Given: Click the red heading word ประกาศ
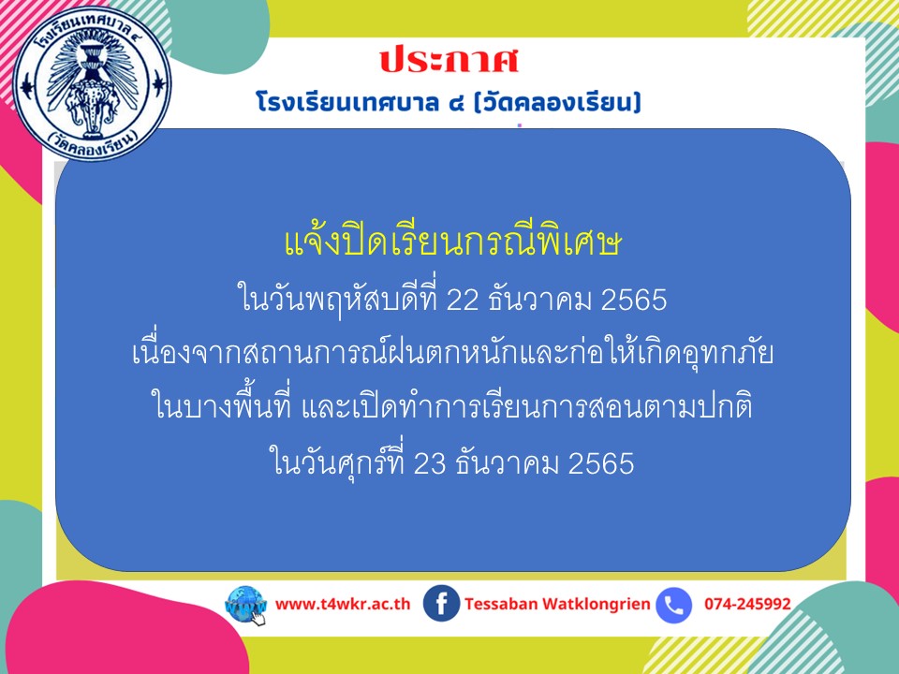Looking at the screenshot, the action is pos(449,61).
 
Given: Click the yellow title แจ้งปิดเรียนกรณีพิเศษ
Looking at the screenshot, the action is pos(453,243).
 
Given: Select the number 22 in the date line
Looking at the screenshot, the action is pos(462,300).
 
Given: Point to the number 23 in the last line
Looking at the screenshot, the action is pos(430,463).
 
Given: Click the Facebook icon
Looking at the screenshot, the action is pos(441,604).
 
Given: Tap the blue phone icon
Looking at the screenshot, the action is pos(673,605).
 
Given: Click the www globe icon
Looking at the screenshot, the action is pos(246,606).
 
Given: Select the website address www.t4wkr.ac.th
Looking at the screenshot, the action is pos(343,604).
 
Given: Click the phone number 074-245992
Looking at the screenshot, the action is pos(747,604).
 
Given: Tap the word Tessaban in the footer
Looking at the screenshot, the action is pos(501,604).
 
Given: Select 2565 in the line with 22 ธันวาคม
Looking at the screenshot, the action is pos(634,300).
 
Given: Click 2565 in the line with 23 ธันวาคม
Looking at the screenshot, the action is pos(601,463).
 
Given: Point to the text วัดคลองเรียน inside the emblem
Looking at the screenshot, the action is pos(93,144).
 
